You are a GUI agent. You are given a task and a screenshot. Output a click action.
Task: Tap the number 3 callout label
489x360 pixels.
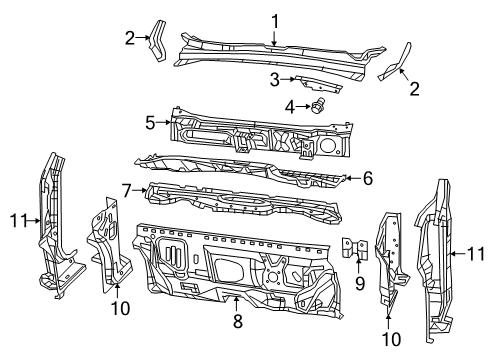pos(273,79)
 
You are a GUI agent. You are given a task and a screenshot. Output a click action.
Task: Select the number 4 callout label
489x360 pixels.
pos(290,105)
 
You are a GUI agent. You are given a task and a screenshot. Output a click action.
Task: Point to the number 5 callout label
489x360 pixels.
pos(151,124)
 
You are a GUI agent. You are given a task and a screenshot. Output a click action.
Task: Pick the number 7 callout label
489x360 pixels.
pos(127,189)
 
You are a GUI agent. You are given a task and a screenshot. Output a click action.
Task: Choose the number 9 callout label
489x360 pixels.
pos(361,284)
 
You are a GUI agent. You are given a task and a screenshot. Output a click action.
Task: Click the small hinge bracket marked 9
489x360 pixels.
pos(351,250)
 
